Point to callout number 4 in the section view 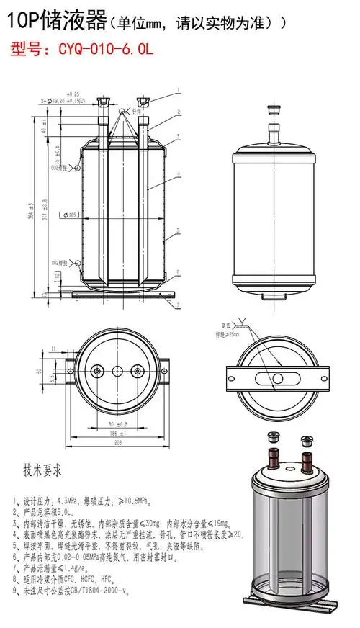pyautogui.click(x=176, y=174)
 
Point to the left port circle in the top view pyautogui.click(x=94, y=370)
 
